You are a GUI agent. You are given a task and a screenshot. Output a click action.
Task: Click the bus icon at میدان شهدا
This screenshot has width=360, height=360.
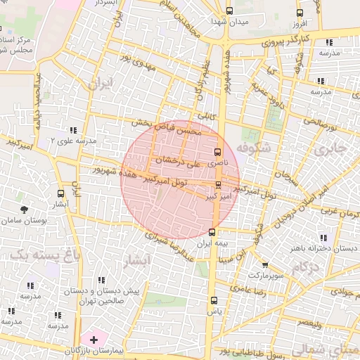(230, 11)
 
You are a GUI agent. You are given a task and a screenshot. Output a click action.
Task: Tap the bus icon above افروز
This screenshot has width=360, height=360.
(300, 12)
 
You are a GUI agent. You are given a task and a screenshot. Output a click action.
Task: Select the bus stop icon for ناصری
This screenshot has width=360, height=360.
(217, 152)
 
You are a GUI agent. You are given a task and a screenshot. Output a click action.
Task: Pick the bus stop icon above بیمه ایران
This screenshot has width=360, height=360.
(212, 232)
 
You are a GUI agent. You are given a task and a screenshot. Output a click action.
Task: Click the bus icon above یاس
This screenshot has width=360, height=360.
(213, 300)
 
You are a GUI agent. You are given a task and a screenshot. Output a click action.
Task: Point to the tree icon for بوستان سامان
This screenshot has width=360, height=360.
(25, 210)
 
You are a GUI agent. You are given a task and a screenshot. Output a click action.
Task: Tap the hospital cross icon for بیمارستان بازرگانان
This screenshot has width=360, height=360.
(94, 339)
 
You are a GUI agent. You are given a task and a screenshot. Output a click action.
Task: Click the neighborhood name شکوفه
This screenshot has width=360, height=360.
(253, 149)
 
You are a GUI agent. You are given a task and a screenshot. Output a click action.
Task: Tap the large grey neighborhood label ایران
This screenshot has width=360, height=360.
(100, 84)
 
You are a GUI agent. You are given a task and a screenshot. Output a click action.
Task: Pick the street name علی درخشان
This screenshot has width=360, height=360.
(177, 162)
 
